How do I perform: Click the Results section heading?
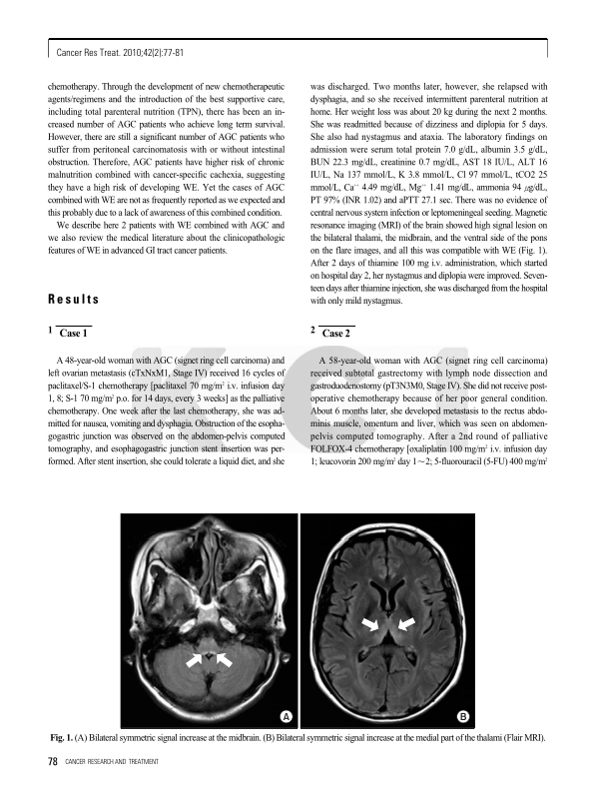[x=74, y=300]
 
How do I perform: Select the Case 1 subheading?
[x=74, y=333]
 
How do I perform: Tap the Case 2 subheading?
[x=334, y=333]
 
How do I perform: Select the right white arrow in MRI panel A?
[x=225, y=658]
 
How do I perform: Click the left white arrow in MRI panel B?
[x=371, y=625]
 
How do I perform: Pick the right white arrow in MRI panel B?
[x=406, y=625]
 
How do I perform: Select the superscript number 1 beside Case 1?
[x=50, y=329]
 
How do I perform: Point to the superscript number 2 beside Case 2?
[x=313, y=329]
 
